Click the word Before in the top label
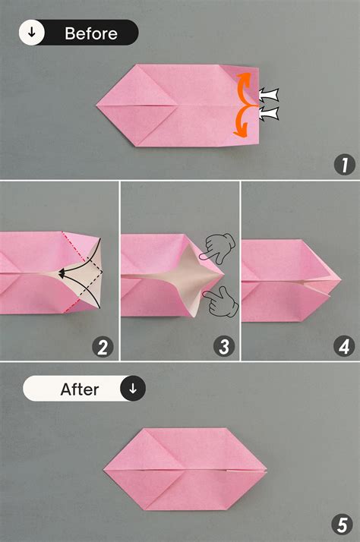[x=91, y=33]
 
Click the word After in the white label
[x=80, y=389]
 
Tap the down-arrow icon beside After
[x=133, y=389]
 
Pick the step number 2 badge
[x=103, y=348]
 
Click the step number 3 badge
[x=223, y=348]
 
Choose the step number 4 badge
[x=343, y=348]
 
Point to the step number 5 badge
[x=343, y=524]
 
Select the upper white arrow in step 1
[x=268, y=95]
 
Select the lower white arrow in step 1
[x=268, y=114]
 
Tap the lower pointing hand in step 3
[x=221, y=300]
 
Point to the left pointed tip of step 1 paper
[x=98, y=104]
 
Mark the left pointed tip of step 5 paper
[x=105, y=469]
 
